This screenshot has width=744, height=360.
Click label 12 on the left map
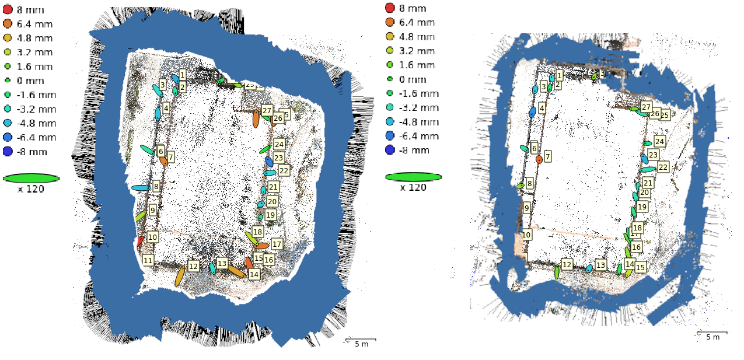(193, 266)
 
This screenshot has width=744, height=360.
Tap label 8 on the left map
(156, 187)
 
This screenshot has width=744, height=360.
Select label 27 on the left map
(267, 110)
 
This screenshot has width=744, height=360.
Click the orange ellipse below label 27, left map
(256, 118)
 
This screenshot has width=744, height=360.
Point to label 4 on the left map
(166, 108)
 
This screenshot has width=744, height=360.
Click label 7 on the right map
(547, 157)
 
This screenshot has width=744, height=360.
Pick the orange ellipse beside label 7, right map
(539, 159)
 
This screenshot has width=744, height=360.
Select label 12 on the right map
(567, 264)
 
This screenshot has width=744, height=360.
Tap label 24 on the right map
(659, 141)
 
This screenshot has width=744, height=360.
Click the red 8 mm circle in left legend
(8, 9)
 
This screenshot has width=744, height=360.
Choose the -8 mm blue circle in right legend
(390, 150)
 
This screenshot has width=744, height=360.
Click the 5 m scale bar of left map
(361, 340)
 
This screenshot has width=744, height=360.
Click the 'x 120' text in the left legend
(31, 188)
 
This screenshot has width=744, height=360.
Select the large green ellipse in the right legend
(413, 177)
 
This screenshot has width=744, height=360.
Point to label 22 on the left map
(284, 170)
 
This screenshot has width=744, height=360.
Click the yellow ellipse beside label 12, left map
(180, 276)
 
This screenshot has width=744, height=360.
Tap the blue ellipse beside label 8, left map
(141, 188)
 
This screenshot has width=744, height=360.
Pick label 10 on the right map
(526, 235)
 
